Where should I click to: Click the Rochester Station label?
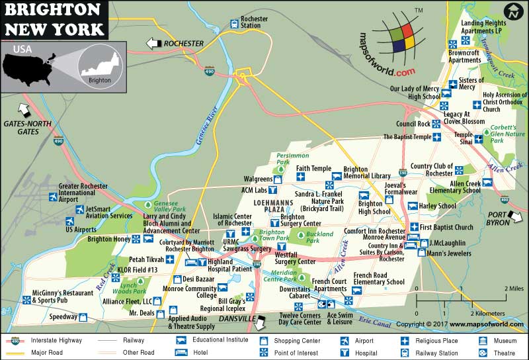pos(255,23)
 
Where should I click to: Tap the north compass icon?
pos(512,11)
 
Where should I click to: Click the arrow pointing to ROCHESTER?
pos(153,44)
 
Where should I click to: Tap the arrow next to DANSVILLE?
pos(263,321)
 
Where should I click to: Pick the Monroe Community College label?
pos(190,293)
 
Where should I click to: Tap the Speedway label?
pos(65,317)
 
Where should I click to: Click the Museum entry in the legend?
pos(501,340)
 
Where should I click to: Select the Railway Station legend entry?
pos(432,352)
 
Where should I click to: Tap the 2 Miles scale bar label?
pos(513,289)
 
